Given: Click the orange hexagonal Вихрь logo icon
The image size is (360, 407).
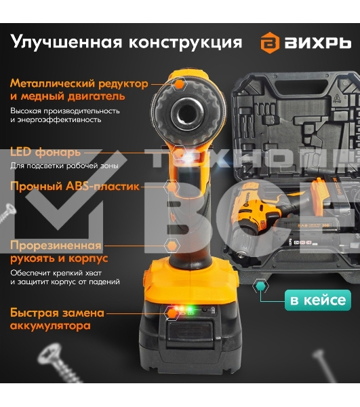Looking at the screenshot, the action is [270, 43].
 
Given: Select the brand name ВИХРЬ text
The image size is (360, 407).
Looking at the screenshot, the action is [318, 43].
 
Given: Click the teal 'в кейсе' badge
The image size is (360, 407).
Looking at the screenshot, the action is [318, 300].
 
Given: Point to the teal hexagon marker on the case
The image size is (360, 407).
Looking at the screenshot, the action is [260, 286].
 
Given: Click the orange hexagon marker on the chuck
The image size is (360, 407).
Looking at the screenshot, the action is [179, 84].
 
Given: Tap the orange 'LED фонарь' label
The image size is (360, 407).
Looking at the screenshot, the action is [45, 152].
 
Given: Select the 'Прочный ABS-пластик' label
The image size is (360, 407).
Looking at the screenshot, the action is [75, 186].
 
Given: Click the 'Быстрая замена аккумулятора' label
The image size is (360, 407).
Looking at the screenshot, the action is [57, 319].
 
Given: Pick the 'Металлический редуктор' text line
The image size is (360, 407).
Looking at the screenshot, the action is [79, 84].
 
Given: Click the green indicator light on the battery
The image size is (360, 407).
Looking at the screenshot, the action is [190, 309].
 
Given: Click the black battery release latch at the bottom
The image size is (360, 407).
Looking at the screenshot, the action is [190, 332].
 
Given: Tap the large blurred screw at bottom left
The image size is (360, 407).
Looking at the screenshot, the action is [58, 362].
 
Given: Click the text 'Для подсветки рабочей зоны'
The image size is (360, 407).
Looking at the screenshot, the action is [64, 166].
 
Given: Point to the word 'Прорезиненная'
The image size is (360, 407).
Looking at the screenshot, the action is [56, 246].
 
